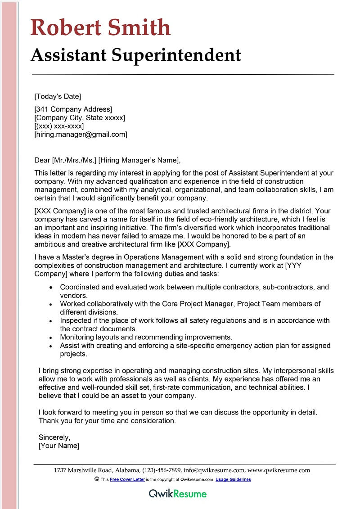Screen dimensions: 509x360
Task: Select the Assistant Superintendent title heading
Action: click(x=136, y=55)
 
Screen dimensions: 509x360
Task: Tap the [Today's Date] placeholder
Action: click(x=58, y=96)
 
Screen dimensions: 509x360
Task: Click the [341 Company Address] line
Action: click(x=73, y=109)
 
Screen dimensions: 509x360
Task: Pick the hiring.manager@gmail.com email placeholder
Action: click(x=81, y=135)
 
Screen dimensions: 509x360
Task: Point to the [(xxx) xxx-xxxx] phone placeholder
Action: click(x=59, y=126)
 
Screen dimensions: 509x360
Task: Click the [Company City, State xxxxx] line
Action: click(x=80, y=118)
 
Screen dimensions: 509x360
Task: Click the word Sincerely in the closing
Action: click(x=54, y=437)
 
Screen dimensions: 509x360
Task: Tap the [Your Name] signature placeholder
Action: click(x=59, y=446)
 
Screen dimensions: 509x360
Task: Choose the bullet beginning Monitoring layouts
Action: click(x=146, y=337)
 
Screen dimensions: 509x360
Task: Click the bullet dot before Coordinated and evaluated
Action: click(x=51, y=287)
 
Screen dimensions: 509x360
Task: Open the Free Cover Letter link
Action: click(x=127, y=480)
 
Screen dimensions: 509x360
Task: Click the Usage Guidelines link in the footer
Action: click(x=233, y=480)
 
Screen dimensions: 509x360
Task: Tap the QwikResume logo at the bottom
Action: click(x=178, y=494)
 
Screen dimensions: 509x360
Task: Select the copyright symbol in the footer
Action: click(x=97, y=479)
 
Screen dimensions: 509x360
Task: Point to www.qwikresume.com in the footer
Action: click(x=279, y=470)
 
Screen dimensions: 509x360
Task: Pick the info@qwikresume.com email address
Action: click(x=214, y=470)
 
